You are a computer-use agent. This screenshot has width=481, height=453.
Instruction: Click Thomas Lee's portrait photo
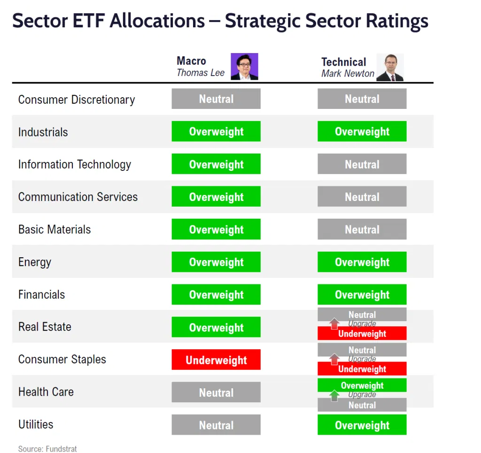coord(244,67)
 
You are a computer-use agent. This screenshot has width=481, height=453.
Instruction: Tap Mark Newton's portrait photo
coord(390,68)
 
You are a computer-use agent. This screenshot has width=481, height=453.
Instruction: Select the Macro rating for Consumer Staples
coord(216,360)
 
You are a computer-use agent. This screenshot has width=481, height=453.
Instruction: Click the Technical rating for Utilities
coord(362,425)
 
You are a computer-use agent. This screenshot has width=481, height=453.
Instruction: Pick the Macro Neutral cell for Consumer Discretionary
coord(216,99)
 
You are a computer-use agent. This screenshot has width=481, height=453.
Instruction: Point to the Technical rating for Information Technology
coord(362,164)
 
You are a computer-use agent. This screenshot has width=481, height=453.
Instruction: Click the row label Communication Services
coord(78,197)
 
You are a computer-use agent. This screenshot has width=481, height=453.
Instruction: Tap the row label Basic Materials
coord(54,230)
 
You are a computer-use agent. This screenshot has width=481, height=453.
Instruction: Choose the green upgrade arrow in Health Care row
coord(334,395)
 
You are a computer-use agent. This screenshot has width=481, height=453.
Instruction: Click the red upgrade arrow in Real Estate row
coord(334,323)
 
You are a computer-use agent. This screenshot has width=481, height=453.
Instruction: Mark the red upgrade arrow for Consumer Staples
coord(334,359)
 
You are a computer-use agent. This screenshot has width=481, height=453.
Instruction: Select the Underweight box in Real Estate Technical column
coord(362,333)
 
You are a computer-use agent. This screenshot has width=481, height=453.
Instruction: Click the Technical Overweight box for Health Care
coord(362,385)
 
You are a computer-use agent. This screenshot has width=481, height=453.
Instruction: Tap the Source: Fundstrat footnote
coord(47,449)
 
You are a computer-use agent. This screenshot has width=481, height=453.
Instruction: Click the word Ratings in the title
coord(397,22)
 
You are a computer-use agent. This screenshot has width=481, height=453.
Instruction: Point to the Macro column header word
coord(192,61)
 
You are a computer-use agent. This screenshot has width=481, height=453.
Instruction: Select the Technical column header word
coord(344,62)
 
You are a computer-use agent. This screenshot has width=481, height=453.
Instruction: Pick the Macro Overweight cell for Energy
coord(216,262)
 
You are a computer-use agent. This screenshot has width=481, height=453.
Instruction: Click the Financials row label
coord(42,294)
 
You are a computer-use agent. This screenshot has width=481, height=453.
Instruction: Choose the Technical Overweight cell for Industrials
coord(362,131)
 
